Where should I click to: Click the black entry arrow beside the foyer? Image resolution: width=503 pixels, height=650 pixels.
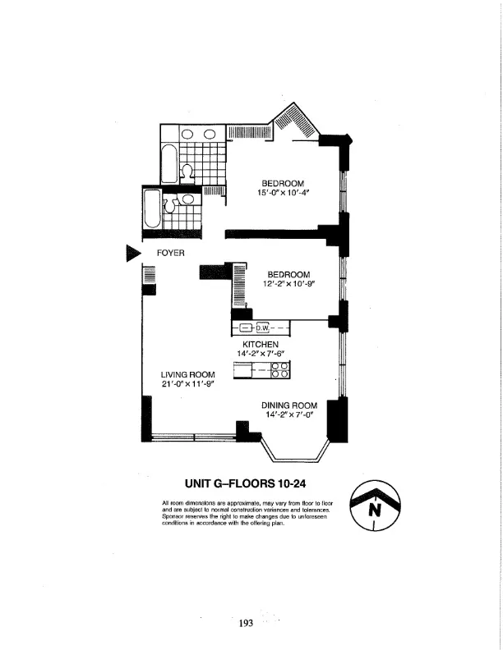[x=133, y=253]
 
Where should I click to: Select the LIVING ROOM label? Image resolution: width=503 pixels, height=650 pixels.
[x=187, y=374]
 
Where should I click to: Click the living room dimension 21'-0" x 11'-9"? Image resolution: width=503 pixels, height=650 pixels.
[x=187, y=384]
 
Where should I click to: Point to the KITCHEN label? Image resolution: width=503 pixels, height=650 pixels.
[x=261, y=344]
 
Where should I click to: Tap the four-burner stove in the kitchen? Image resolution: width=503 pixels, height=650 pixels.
[x=279, y=370]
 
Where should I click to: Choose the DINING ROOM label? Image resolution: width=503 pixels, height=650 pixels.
[x=289, y=405]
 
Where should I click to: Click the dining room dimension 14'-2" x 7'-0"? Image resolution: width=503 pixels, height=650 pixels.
[x=289, y=414]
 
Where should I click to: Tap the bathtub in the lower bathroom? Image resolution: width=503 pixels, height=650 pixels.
[x=153, y=210]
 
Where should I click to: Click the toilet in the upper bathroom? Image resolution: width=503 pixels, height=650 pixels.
[x=187, y=172]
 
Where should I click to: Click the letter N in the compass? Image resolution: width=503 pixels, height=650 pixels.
[x=376, y=509]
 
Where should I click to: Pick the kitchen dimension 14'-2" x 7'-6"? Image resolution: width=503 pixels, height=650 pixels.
[x=261, y=354]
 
